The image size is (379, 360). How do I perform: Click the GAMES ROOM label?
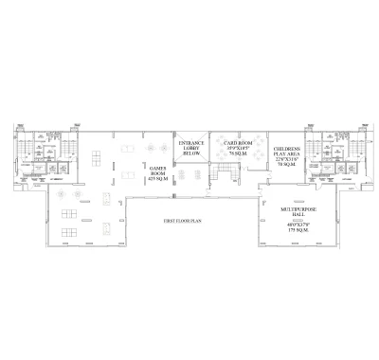coord(158,171)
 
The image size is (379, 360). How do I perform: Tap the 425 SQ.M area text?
coord(158,180)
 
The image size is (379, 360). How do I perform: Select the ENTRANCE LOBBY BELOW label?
coord(192,149)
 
